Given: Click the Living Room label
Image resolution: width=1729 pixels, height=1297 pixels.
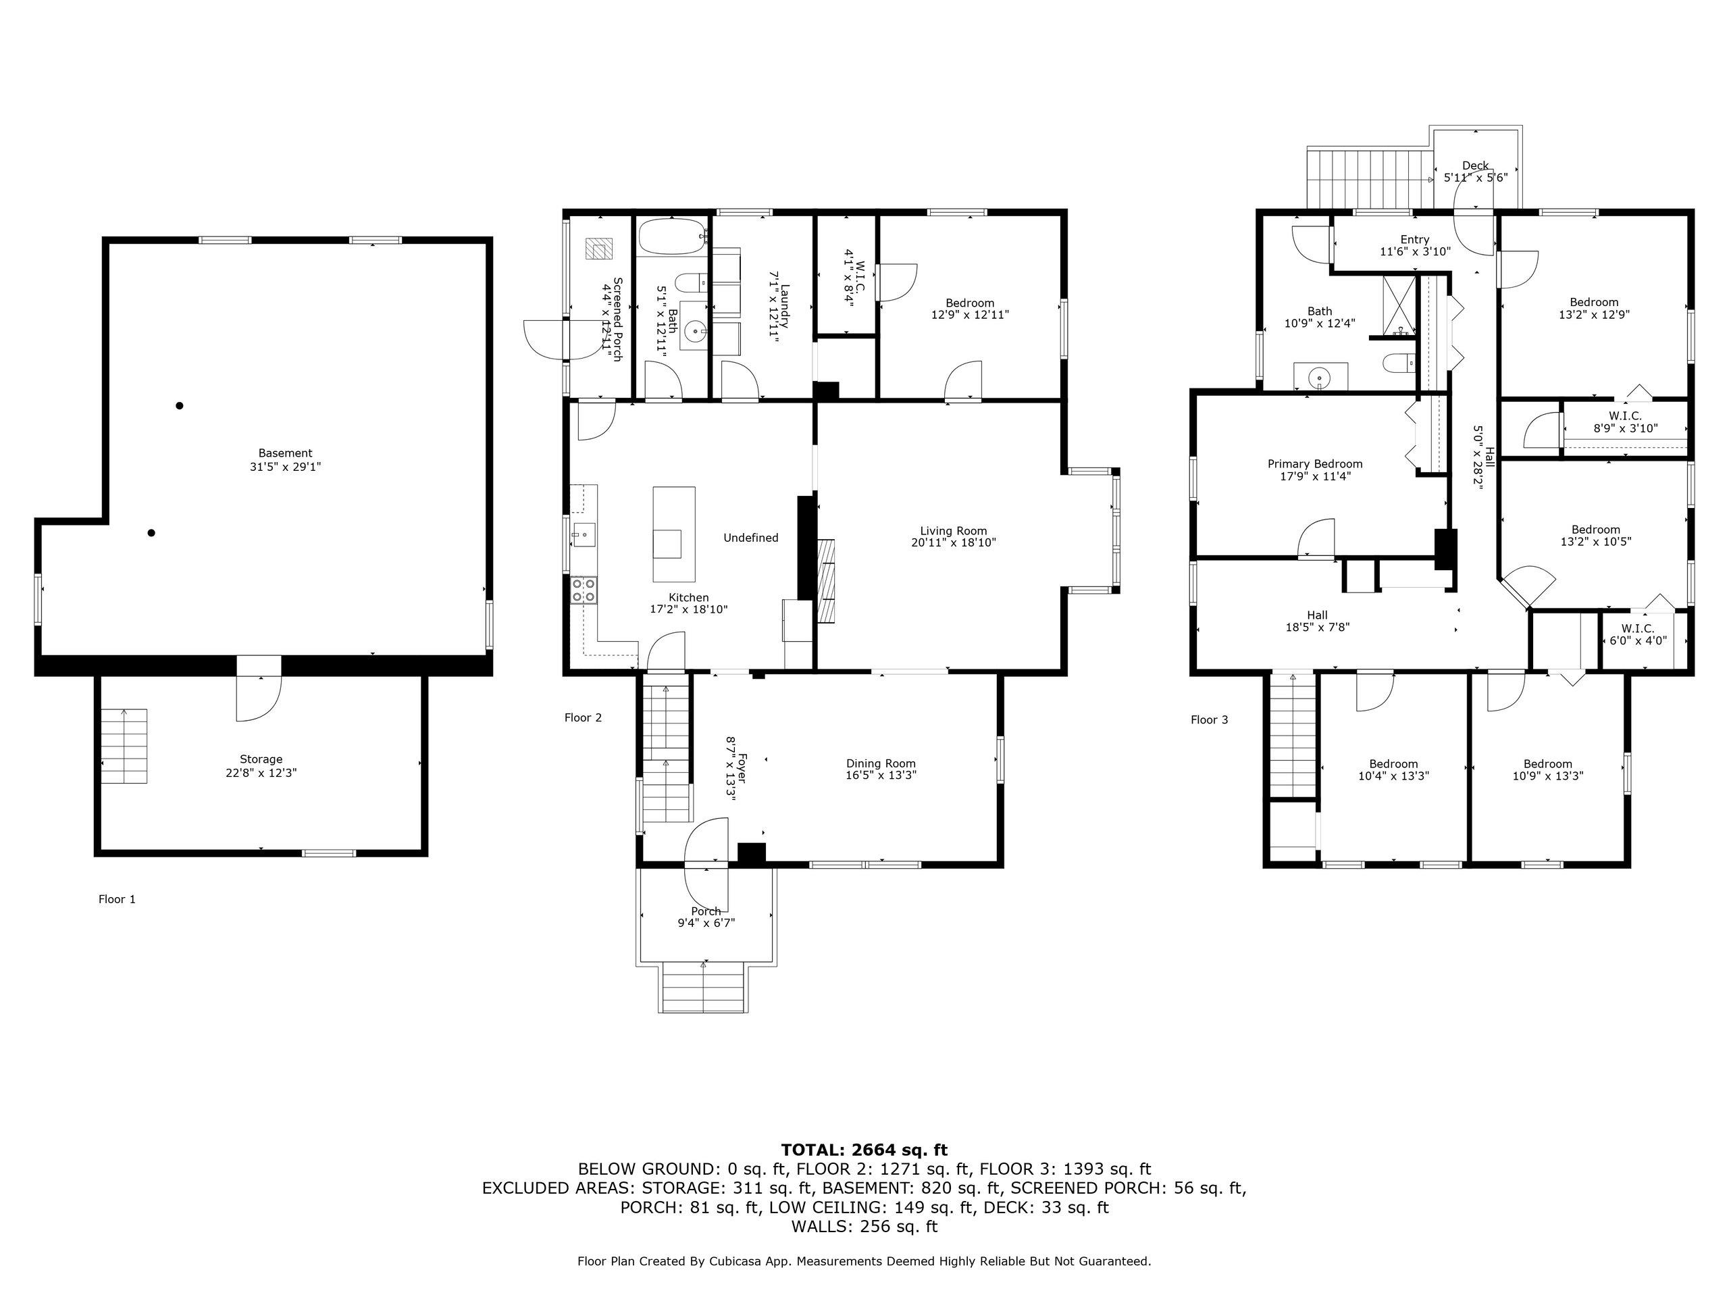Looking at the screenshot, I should [x=953, y=531].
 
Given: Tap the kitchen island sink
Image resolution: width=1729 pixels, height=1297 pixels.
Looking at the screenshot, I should [x=667, y=543].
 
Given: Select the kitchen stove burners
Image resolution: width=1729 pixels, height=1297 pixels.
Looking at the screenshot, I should [x=583, y=590].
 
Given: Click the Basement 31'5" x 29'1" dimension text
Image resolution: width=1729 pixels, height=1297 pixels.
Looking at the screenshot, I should [x=284, y=467].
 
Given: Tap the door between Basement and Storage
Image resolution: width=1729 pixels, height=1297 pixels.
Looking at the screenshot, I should [x=259, y=692].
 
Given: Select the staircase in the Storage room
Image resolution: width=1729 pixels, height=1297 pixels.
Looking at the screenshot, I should [x=124, y=746].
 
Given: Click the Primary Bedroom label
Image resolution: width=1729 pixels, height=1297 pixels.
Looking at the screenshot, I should [x=1315, y=464].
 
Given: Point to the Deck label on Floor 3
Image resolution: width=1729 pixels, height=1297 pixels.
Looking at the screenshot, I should [x=1475, y=166].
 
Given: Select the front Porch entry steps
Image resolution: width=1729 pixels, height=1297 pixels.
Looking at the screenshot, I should [x=704, y=988].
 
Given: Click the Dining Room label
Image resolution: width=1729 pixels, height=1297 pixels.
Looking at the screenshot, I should [x=881, y=764].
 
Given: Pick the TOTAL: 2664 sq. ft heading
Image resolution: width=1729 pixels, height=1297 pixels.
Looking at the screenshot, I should [x=864, y=1150].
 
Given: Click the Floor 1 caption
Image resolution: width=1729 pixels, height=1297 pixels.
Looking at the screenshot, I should [x=118, y=899].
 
